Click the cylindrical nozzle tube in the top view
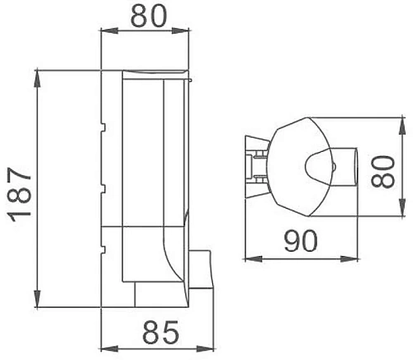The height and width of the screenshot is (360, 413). tap(346, 165)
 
